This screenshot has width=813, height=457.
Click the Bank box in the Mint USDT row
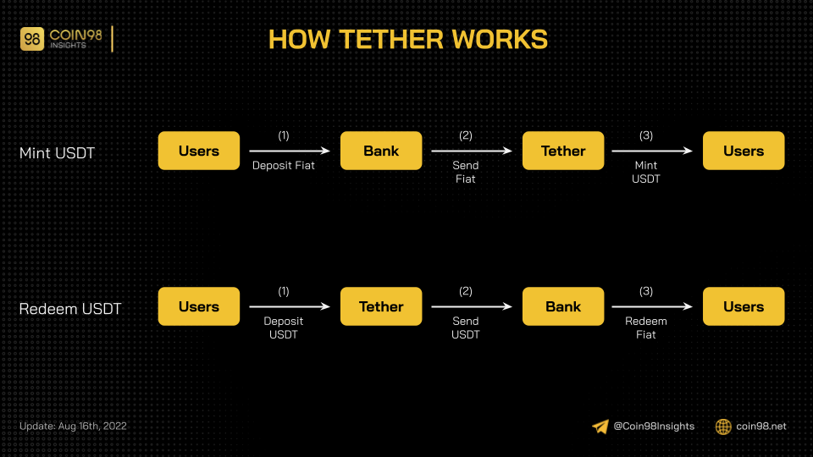(x=381, y=151)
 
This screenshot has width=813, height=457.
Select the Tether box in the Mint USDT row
(x=563, y=151)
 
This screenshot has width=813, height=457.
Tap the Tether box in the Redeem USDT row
(x=381, y=306)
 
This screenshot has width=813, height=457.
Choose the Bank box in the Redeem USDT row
(x=563, y=306)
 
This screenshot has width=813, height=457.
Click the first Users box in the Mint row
(x=199, y=151)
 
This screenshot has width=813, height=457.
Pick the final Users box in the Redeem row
(x=744, y=306)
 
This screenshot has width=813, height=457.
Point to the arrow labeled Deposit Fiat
(x=290, y=151)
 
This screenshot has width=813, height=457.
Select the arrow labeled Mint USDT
(x=652, y=151)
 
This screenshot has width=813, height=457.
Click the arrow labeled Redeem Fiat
(x=652, y=306)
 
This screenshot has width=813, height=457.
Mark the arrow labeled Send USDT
(x=472, y=306)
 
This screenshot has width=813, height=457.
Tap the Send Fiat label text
(x=465, y=172)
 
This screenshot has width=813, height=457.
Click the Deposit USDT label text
(x=283, y=328)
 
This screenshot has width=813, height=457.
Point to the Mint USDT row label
(x=57, y=153)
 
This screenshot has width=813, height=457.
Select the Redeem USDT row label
(x=70, y=309)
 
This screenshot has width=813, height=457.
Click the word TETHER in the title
(x=391, y=40)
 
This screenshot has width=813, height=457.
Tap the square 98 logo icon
(x=32, y=39)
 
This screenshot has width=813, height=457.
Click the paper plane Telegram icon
(x=600, y=427)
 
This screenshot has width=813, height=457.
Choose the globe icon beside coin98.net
(x=723, y=427)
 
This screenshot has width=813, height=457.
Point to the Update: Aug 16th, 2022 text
(x=73, y=426)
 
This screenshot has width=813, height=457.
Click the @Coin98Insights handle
(x=654, y=426)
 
